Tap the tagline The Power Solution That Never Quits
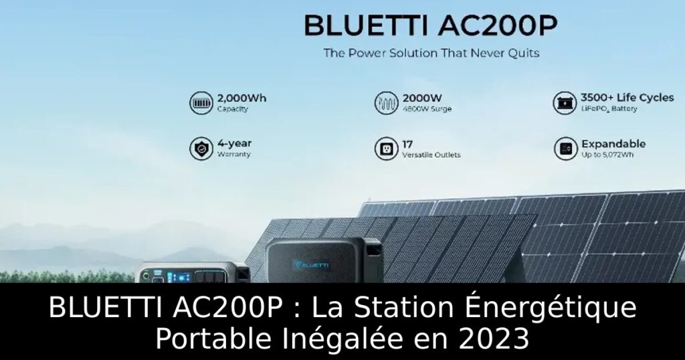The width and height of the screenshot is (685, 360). [431, 53]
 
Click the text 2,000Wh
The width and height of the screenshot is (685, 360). [241, 98]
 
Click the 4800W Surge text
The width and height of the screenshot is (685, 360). [427, 109]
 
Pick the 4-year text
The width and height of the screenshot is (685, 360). [235, 143]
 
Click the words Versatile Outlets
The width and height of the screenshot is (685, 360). [432, 155]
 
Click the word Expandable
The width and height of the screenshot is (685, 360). [613, 143]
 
